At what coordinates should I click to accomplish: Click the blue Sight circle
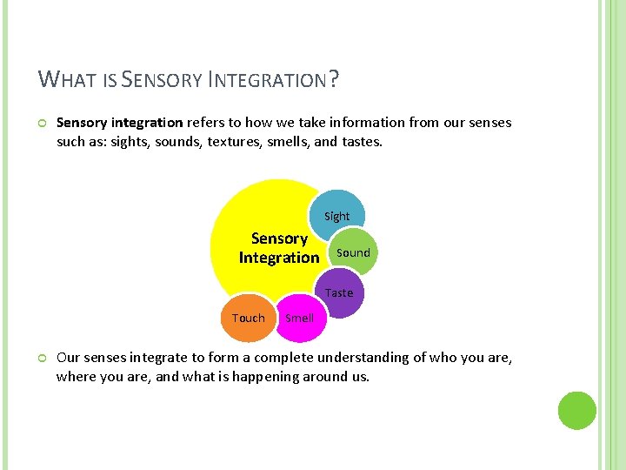coord(338,214)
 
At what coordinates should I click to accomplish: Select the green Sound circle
coord(353,252)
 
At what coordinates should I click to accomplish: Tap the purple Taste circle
coord(340,292)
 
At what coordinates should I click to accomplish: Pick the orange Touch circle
coord(249,318)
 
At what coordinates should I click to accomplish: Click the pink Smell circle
coord(300,318)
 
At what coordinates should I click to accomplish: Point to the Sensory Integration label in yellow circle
coord(279,248)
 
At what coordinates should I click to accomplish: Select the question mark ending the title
coord(333,81)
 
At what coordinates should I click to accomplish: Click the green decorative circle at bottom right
coord(576,410)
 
